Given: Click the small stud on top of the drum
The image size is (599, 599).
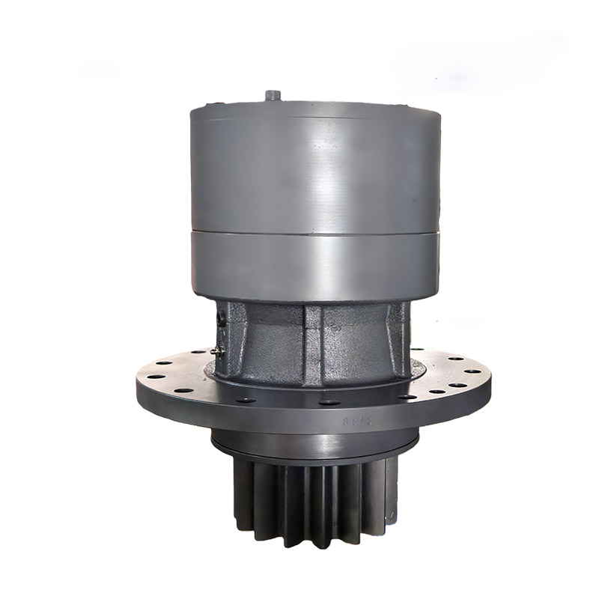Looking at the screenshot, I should (273, 95).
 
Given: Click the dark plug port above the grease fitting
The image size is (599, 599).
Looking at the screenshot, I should (220, 319).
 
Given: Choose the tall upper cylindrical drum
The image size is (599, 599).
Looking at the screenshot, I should (314, 168).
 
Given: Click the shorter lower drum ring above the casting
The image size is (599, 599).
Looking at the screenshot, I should (314, 266).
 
